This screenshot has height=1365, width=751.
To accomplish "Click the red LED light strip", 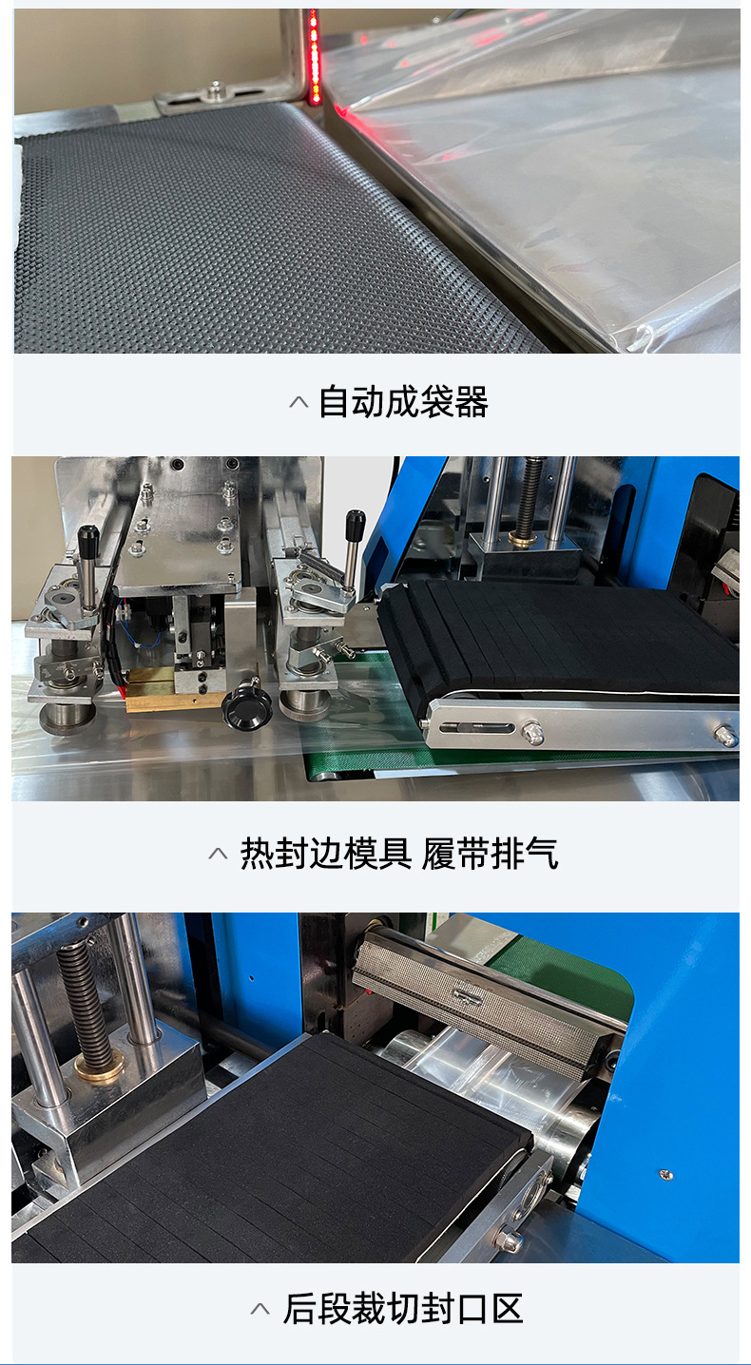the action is click(315, 57).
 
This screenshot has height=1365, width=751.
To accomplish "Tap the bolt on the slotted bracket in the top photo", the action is click(214, 91).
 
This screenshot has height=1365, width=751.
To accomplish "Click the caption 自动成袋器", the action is click(403, 402).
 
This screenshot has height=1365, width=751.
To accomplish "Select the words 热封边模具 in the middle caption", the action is click(326, 854).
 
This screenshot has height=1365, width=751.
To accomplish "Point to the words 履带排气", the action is click(491, 854).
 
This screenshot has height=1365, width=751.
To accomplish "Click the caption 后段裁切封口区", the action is click(403, 1308).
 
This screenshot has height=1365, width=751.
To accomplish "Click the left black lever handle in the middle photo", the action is click(87, 551).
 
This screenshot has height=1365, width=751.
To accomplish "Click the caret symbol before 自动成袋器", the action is click(298, 402).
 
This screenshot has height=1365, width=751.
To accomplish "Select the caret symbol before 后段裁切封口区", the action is click(260, 1309).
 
